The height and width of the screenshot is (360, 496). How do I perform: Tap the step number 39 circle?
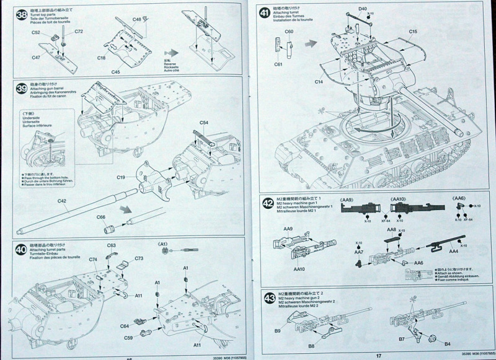[22, 89]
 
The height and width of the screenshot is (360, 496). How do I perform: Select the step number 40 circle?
[21, 248]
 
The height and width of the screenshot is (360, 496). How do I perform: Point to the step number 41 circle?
[265, 13]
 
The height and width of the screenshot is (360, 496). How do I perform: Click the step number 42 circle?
[268, 203]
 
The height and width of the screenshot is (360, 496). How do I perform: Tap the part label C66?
[101, 217]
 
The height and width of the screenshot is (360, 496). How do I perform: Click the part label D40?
[363, 9]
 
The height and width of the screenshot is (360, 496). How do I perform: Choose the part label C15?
[413, 32]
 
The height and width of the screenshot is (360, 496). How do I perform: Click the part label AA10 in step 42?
[299, 269]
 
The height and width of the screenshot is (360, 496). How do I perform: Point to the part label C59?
[128, 338]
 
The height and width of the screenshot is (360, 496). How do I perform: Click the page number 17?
[378, 356]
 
